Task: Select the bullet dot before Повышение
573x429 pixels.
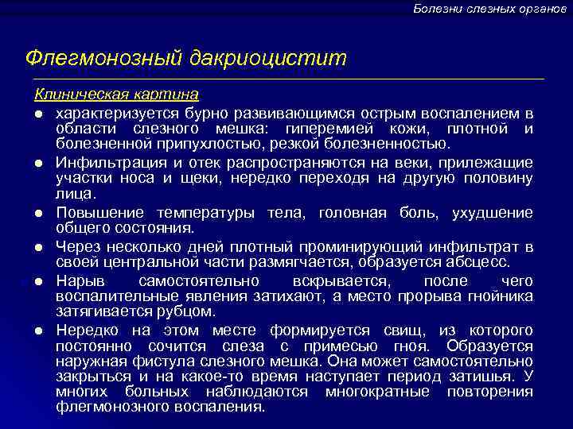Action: click(37, 214)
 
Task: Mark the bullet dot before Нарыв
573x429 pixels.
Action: click(37, 282)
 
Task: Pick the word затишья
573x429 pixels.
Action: click(489, 377)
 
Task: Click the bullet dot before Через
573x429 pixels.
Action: click(37, 248)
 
